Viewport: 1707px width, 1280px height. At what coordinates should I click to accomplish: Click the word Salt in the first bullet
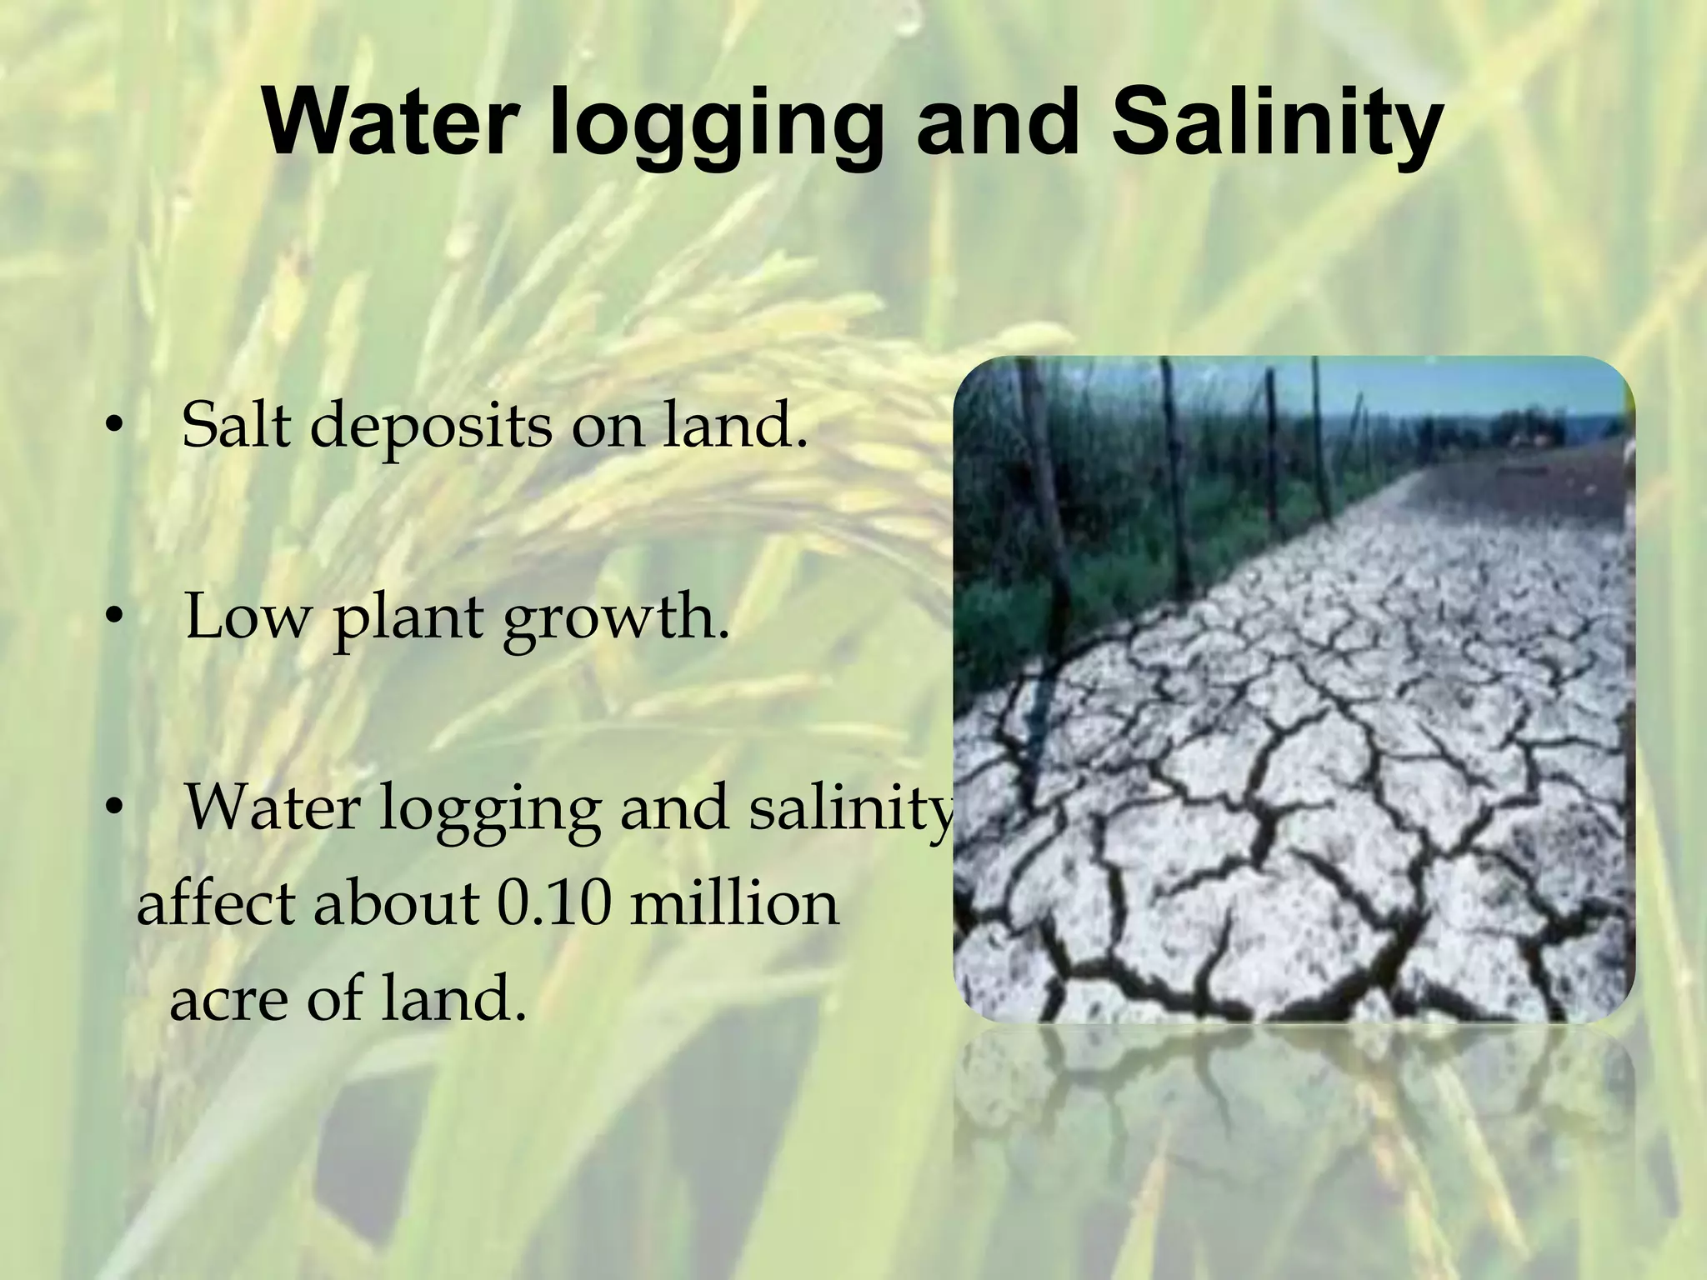point(238,424)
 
